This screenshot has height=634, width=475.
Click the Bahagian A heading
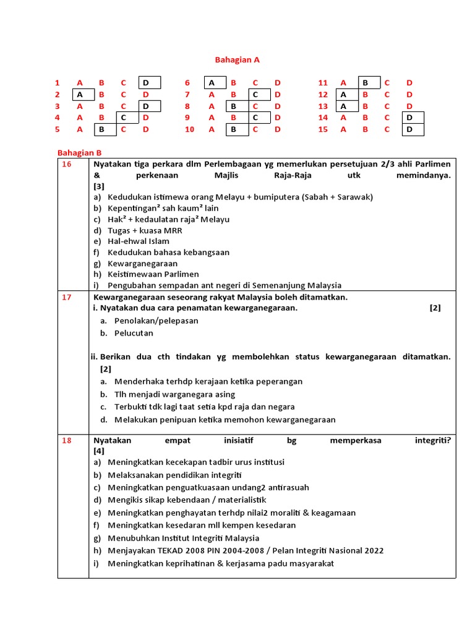[x=237, y=60]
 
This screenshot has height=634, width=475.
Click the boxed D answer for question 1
[x=147, y=83]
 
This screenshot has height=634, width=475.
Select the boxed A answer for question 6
[x=212, y=83]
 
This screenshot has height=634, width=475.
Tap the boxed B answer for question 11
[x=366, y=83]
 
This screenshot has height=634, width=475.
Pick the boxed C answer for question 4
[x=124, y=118]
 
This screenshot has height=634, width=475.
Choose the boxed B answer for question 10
[x=234, y=129]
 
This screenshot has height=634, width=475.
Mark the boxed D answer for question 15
[x=409, y=129]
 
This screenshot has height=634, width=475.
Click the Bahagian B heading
[x=79, y=152]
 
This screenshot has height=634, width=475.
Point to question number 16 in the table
[x=66, y=164]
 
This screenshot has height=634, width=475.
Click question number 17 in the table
[x=66, y=297]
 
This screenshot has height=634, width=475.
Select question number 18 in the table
[x=66, y=440]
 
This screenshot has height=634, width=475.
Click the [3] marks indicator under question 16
[x=99, y=186]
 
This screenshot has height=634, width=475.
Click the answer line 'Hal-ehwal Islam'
[x=138, y=241]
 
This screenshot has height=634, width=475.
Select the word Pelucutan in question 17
[x=134, y=333]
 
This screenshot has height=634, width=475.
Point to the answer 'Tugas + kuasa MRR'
[x=145, y=230]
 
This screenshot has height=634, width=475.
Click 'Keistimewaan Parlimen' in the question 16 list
[x=153, y=274]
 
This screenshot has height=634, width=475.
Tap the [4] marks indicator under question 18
[x=99, y=451]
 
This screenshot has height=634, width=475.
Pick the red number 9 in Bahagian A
[x=187, y=118]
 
